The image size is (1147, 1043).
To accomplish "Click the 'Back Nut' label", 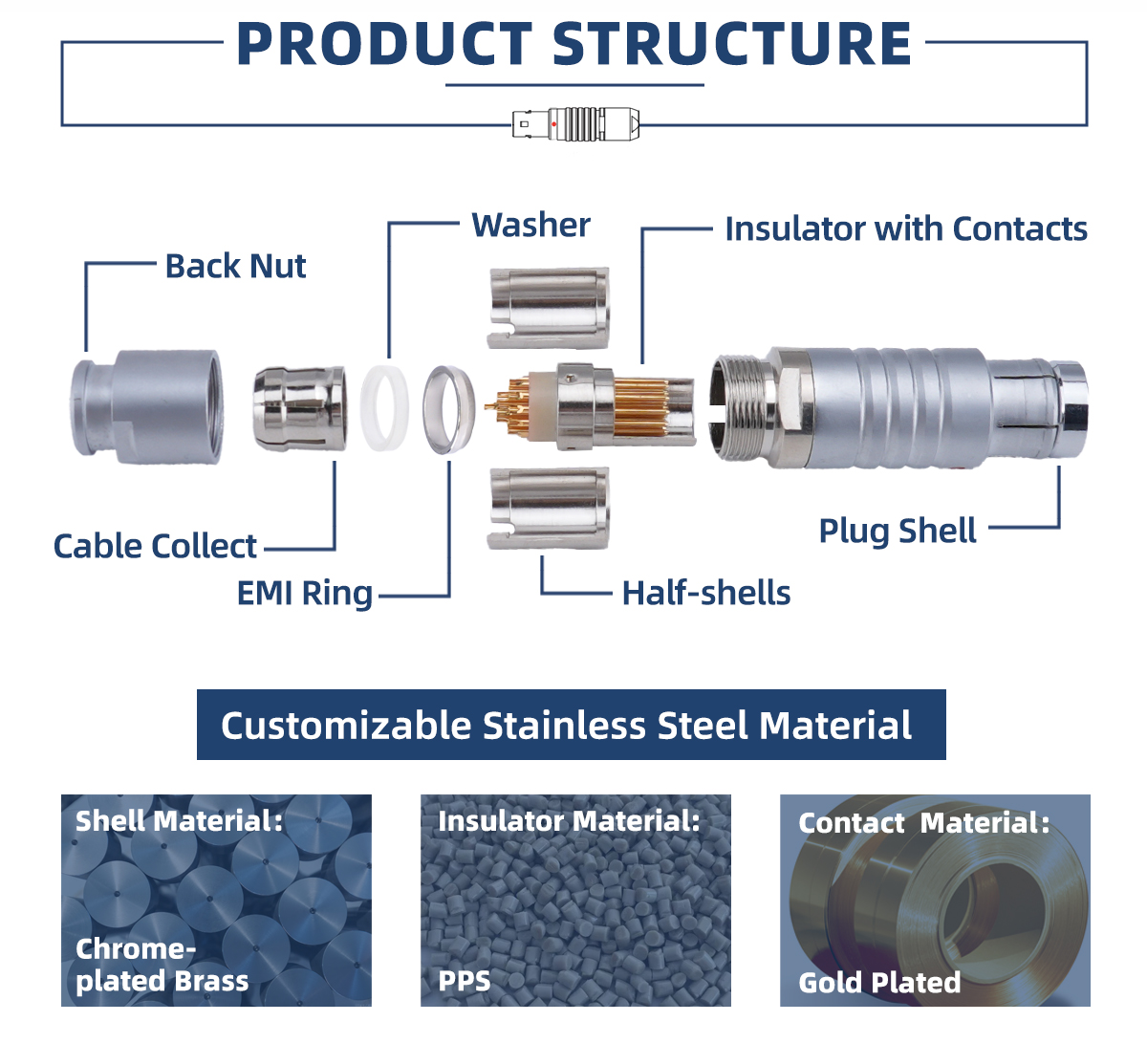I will (x=235, y=266).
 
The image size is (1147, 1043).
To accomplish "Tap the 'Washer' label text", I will (x=530, y=226).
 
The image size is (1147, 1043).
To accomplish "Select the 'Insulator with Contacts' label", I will (x=905, y=229).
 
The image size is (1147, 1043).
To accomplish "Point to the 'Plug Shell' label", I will (x=897, y=531).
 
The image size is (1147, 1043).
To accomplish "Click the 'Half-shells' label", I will (x=705, y=594).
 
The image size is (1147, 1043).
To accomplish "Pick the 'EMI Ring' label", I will (x=304, y=594).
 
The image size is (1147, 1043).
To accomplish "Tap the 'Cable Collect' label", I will (x=155, y=547).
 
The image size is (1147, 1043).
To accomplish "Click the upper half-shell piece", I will (x=548, y=306).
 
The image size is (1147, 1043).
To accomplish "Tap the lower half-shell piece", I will (x=548, y=508).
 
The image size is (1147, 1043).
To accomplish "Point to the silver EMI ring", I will (x=448, y=407).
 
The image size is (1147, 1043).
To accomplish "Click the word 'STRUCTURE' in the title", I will (x=731, y=45).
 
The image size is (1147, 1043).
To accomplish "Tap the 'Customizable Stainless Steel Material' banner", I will (x=571, y=725).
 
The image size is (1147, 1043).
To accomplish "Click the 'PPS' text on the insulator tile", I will (x=464, y=981).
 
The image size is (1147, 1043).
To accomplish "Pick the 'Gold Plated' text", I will (x=879, y=983).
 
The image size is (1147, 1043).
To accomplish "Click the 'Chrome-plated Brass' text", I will (x=161, y=965).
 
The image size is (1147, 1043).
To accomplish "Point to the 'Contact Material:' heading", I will (x=923, y=823).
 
